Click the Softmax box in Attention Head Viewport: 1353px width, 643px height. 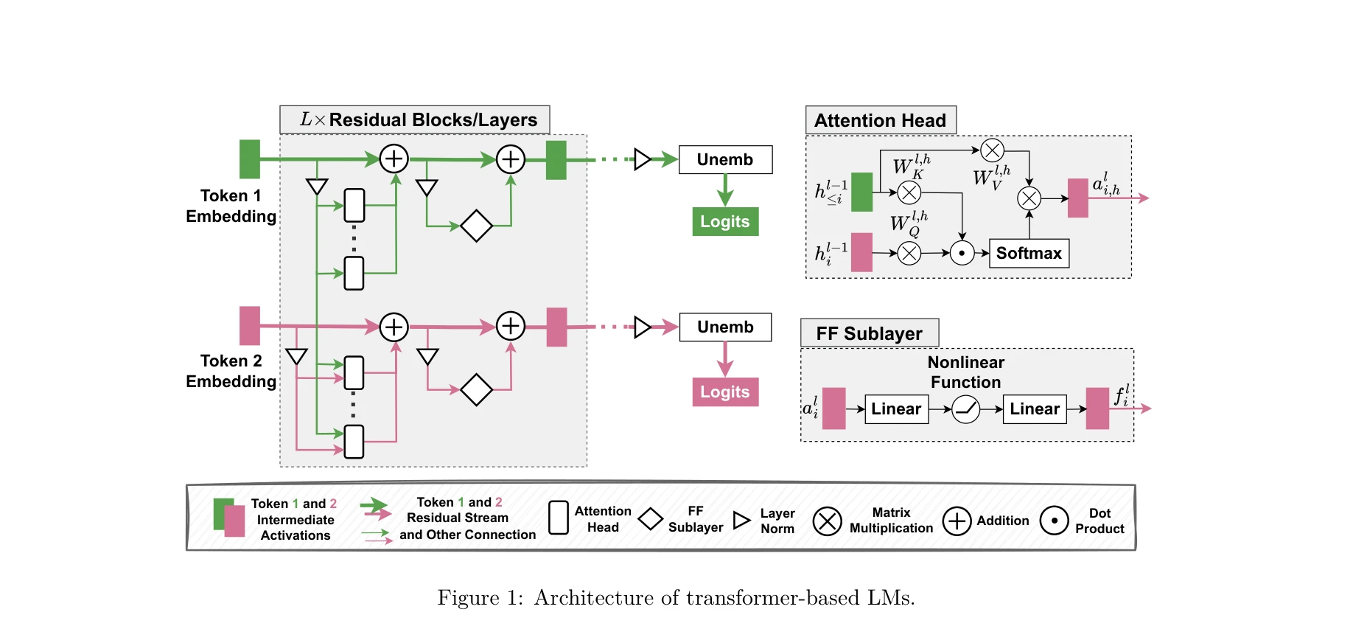point(1029,253)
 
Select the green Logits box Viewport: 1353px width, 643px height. point(725,221)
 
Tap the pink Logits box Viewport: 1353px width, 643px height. point(725,392)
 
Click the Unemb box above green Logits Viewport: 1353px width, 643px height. point(725,159)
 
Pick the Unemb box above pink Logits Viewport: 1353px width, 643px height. point(725,327)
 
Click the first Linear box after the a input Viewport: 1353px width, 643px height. point(896,409)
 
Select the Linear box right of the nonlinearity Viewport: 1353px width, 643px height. point(1035,409)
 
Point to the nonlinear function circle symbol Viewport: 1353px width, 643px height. point(965,409)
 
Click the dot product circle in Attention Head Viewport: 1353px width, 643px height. point(962,253)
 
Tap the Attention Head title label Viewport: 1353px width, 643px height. point(881,120)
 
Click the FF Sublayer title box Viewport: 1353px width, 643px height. point(870,333)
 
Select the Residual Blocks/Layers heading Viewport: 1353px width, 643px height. point(415,119)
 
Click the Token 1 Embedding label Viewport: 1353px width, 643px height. point(231,206)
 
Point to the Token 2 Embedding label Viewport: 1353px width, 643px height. point(231,371)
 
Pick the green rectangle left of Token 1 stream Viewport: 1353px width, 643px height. point(250,159)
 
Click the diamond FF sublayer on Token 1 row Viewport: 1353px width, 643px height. point(476,226)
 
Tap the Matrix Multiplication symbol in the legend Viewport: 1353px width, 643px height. point(827,521)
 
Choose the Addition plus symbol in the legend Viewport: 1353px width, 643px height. point(957,521)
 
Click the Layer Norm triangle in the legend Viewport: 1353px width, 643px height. point(741,521)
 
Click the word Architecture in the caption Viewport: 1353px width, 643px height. point(594,597)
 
